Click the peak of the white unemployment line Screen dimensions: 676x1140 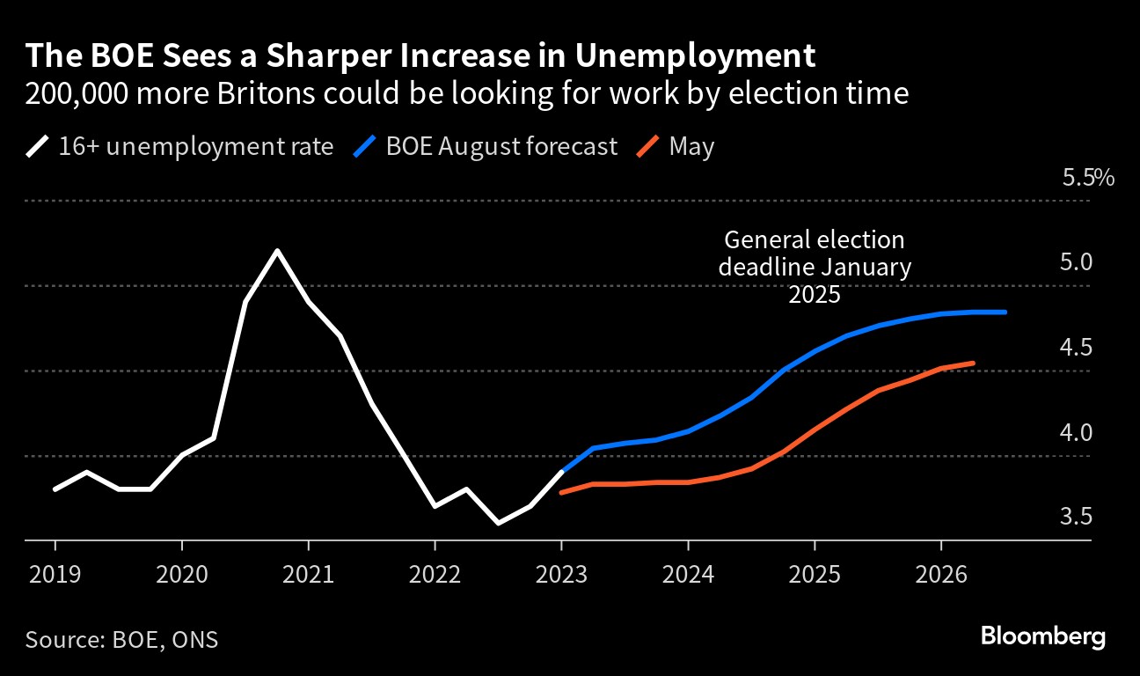(x=277, y=252)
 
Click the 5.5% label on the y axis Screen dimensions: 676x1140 (x=1088, y=179)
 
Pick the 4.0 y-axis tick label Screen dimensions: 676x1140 (x=1076, y=433)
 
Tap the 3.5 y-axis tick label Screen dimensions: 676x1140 (x=1076, y=517)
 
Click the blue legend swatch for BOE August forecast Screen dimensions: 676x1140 (x=366, y=146)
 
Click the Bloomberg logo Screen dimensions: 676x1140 (x=1042, y=636)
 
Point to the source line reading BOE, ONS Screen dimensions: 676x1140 (x=121, y=639)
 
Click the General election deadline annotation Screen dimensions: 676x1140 (x=814, y=267)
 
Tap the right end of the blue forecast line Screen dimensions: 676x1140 (x=1005, y=312)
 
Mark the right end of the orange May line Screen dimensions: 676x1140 (x=973, y=363)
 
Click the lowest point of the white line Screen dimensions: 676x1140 (x=498, y=523)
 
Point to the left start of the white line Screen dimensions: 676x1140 (x=55, y=489)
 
